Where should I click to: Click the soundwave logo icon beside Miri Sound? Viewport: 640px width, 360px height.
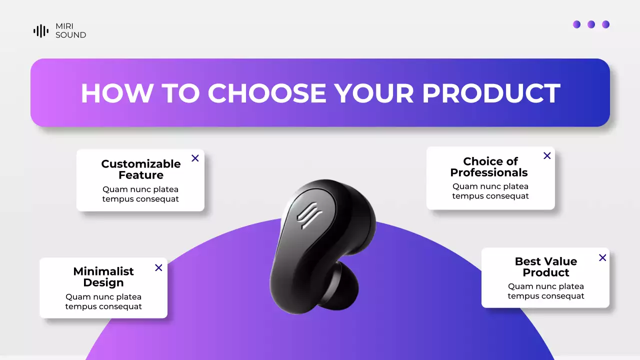[41, 31]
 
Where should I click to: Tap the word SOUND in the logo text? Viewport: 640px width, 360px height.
[70, 35]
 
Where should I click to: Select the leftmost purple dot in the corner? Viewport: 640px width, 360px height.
[576, 24]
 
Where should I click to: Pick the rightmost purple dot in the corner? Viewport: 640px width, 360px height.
[605, 24]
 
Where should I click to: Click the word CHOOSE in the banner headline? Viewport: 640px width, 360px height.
[267, 93]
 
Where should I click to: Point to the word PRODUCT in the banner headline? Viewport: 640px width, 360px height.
[491, 93]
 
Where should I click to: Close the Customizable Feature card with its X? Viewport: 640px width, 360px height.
[195, 158]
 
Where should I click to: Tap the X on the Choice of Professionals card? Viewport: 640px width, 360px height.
[547, 155]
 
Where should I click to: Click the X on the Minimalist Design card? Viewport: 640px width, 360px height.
[158, 267]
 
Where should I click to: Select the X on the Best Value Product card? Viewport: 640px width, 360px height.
[602, 257]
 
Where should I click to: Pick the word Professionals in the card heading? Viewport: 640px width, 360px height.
[489, 172]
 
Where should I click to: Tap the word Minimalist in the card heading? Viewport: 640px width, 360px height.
[103, 271]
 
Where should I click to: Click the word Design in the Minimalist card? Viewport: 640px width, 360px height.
[103, 282]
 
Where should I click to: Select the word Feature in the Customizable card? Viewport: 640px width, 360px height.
[141, 175]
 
